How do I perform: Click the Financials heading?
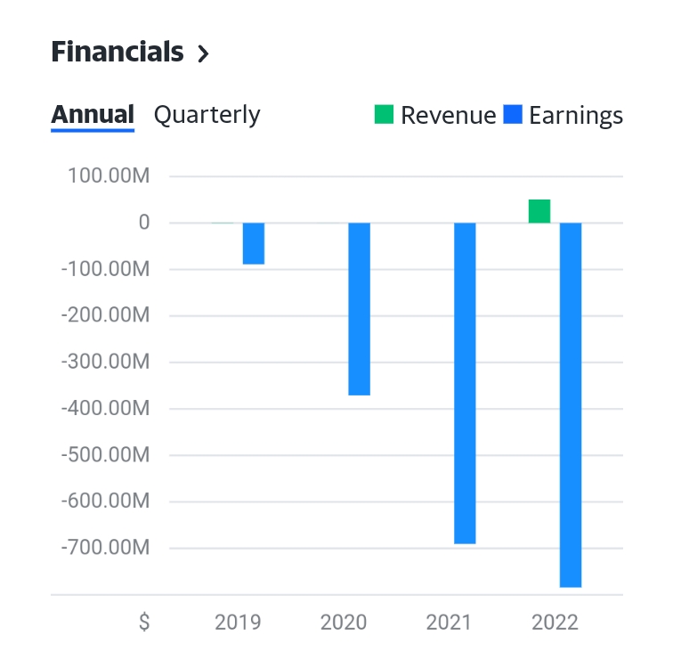[x=118, y=53]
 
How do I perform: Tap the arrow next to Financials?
[x=203, y=54]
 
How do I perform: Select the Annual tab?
[x=93, y=115]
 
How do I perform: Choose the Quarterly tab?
[x=207, y=115]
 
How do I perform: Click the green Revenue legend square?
[x=384, y=115]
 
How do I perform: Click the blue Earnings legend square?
[x=512, y=115]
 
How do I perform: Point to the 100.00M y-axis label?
[x=108, y=176]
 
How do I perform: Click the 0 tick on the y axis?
[x=143, y=223]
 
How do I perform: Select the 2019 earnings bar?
[x=254, y=243]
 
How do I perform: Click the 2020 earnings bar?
[x=359, y=308]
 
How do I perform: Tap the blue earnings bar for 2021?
[x=465, y=383]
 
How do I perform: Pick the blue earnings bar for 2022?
[x=571, y=404]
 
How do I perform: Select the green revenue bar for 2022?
[x=539, y=211]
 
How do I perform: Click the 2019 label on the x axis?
[x=238, y=622]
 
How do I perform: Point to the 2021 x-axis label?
[x=450, y=622]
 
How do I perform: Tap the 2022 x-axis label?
[x=555, y=622]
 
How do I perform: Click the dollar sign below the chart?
[x=144, y=622]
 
